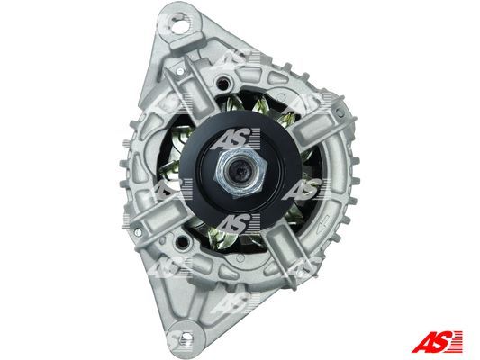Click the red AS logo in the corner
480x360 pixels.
[x=437, y=342]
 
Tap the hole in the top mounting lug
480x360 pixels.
[x=180, y=25]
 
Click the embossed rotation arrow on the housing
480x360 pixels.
[x=322, y=222]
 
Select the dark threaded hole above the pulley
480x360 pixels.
[x=223, y=82]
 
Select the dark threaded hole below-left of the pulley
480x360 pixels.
[x=182, y=241]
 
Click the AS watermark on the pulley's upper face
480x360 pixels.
[x=235, y=139]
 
